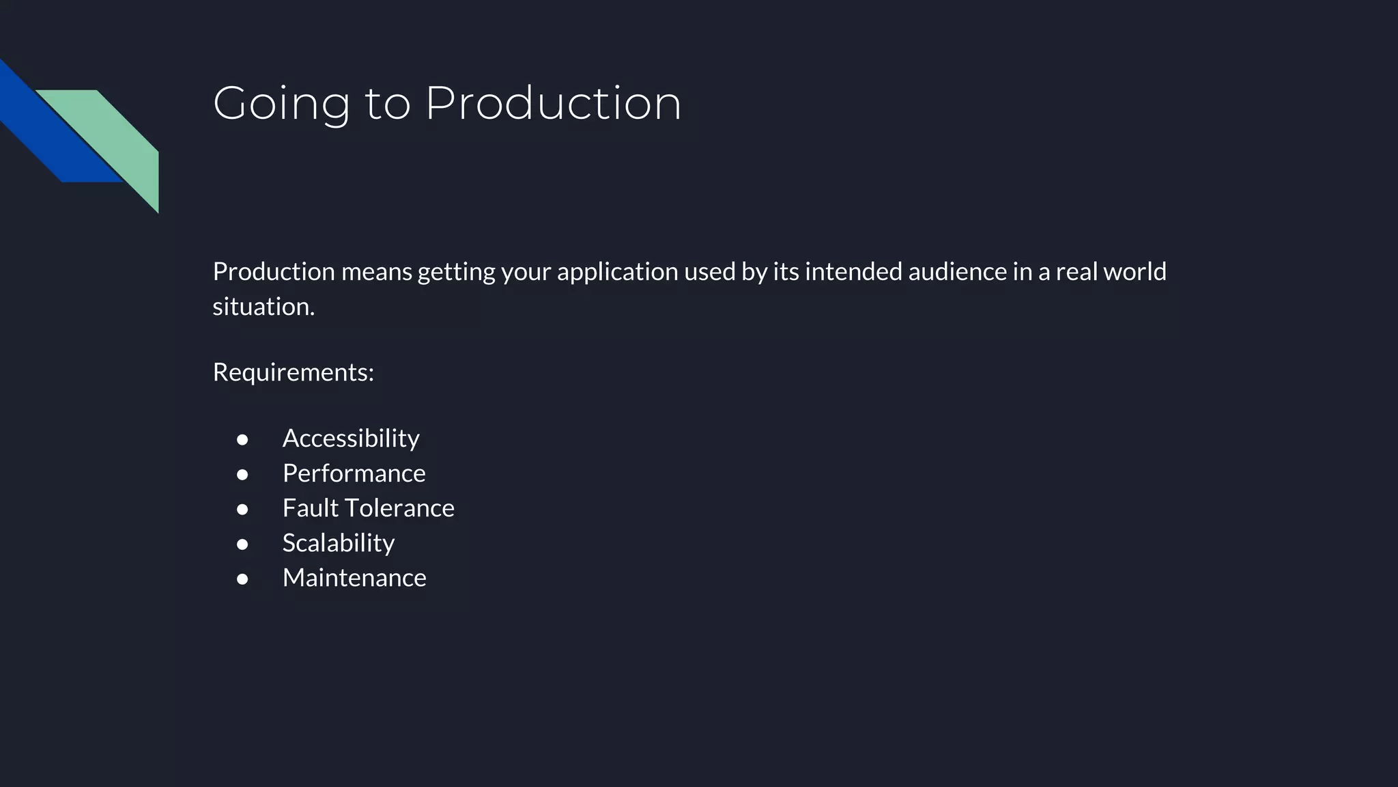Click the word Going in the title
281,104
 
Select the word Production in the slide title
553,104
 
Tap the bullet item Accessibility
351,439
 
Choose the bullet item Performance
354,473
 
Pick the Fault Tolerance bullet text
368,508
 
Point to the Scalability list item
338,543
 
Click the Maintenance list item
354,578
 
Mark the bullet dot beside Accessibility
242,440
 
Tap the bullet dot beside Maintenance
242,579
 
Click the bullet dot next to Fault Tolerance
242,510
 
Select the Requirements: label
293,372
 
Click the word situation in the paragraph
263,307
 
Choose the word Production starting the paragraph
274,272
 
